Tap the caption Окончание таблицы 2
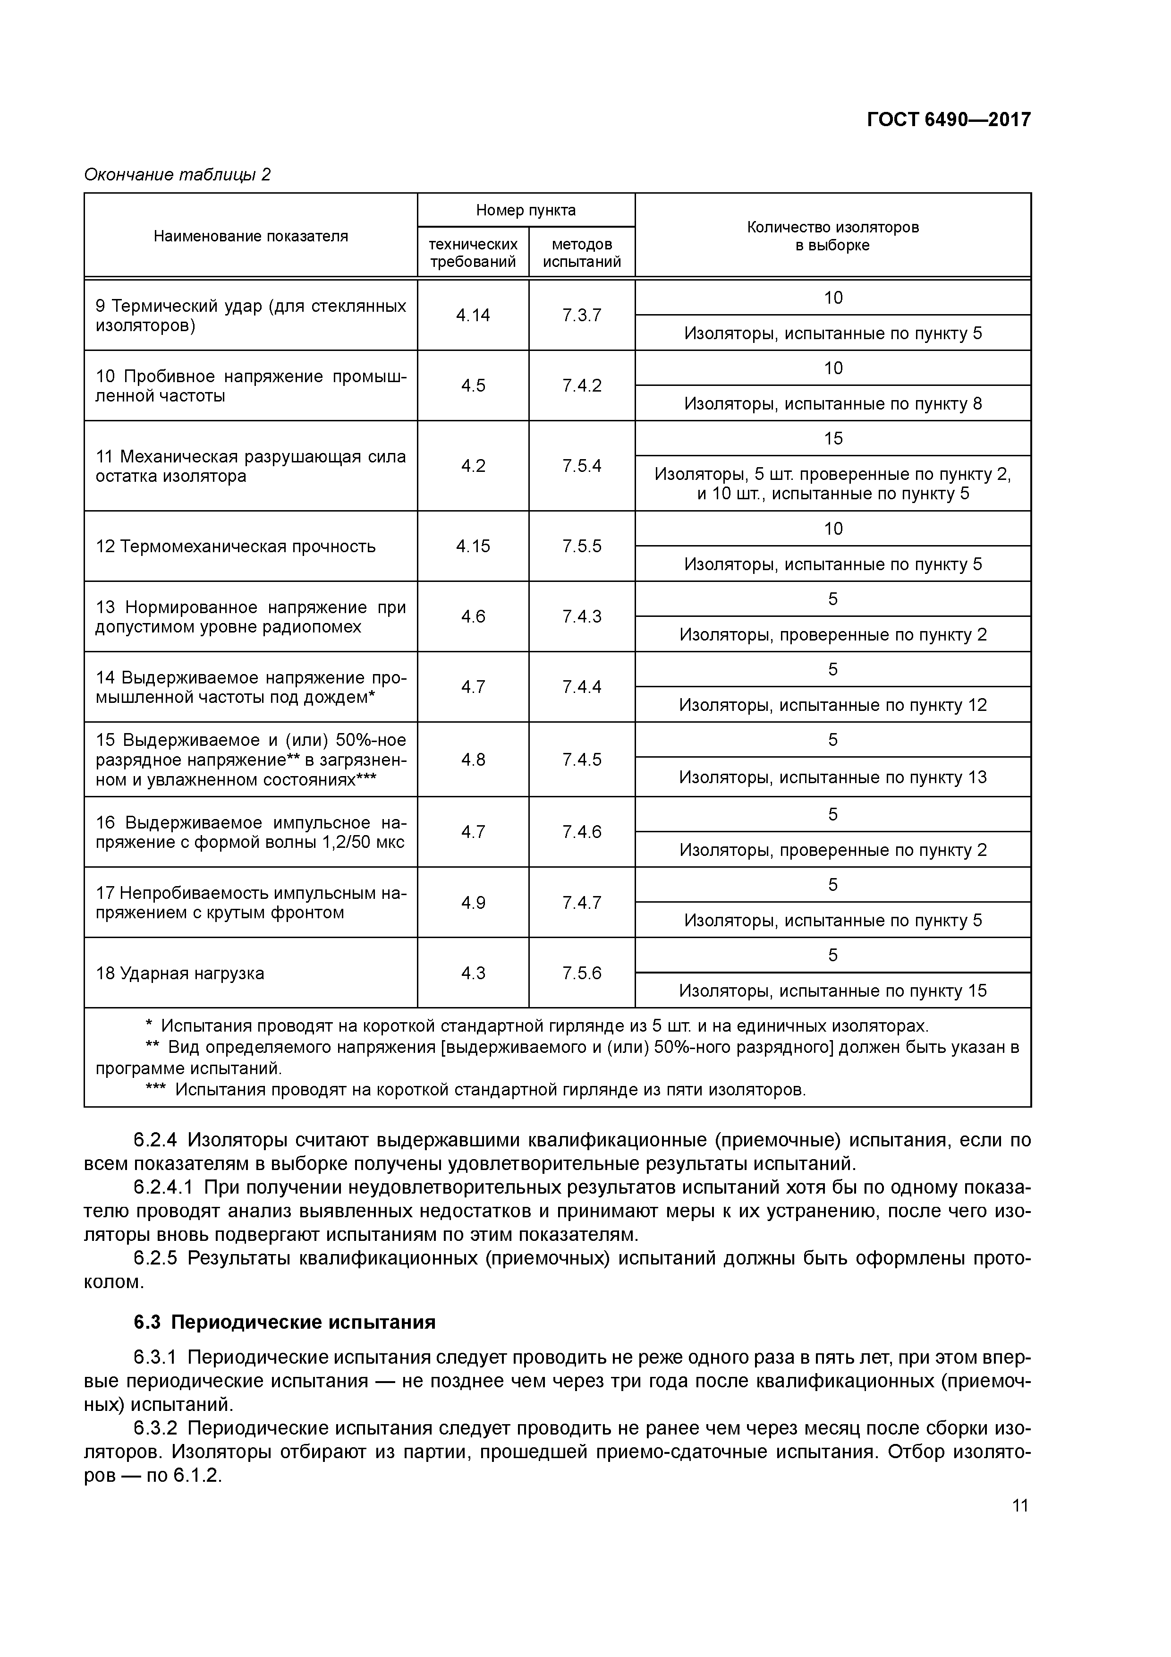tap(178, 175)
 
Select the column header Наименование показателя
tap(250, 236)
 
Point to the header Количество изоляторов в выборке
tap(832, 236)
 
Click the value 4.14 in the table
tap(473, 316)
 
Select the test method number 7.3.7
tap(582, 316)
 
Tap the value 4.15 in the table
tap(473, 547)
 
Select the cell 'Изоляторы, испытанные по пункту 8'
tap(832, 403)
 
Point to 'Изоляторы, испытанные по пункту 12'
tap(832, 705)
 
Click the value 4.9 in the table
tap(473, 903)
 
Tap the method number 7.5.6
tap(582, 973)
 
